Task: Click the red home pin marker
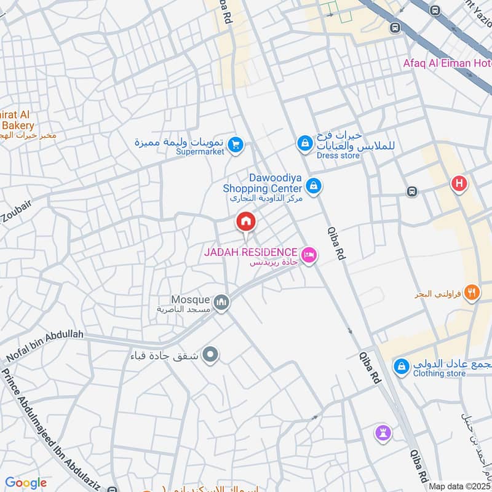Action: pos(246,222)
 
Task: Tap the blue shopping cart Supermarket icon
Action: pos(234,146)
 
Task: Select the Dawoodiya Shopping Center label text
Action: pos(263,183)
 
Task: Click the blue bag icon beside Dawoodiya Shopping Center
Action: pos(314,184)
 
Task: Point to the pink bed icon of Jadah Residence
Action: pos(309,253)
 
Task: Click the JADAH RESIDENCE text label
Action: pos(252,253)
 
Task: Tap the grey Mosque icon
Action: pos(221,303)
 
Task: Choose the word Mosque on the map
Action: pos(190,300)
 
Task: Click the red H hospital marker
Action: pos(459,183)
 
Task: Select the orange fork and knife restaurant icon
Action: pos(472,293)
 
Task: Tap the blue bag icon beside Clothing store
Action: pos(402,366)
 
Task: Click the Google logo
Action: pos(26,483)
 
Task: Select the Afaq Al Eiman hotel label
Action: pos(446,63)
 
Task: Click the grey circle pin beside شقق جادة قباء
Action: pos(210,355)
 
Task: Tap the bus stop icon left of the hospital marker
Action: pos(411,191)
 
